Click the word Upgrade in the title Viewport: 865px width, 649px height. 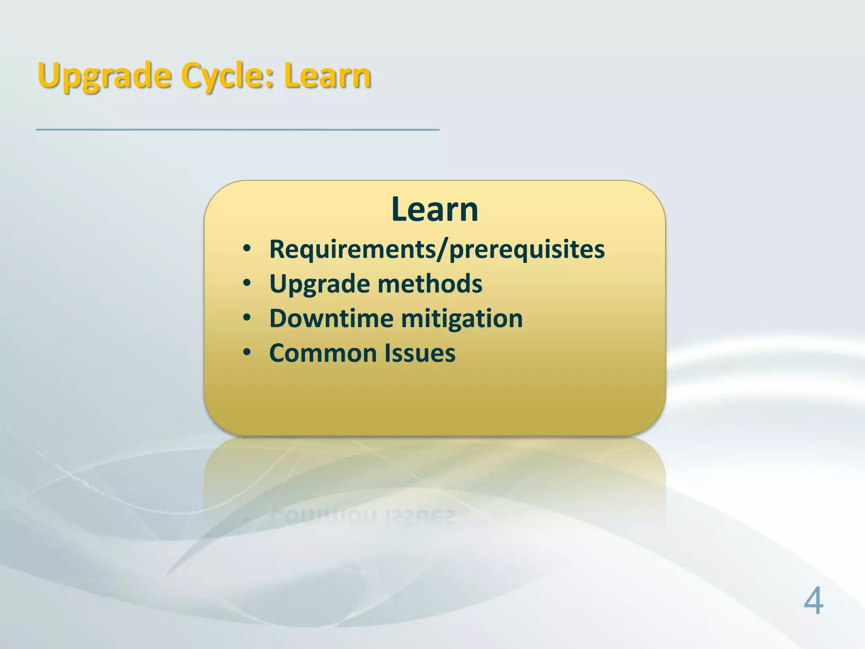point(104,76)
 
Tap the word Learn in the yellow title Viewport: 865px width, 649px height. point(327,76)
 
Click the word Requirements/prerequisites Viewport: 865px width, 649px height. point(437,249)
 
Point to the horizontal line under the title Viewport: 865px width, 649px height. point(237,130)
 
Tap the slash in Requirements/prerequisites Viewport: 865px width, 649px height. point(442,249)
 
